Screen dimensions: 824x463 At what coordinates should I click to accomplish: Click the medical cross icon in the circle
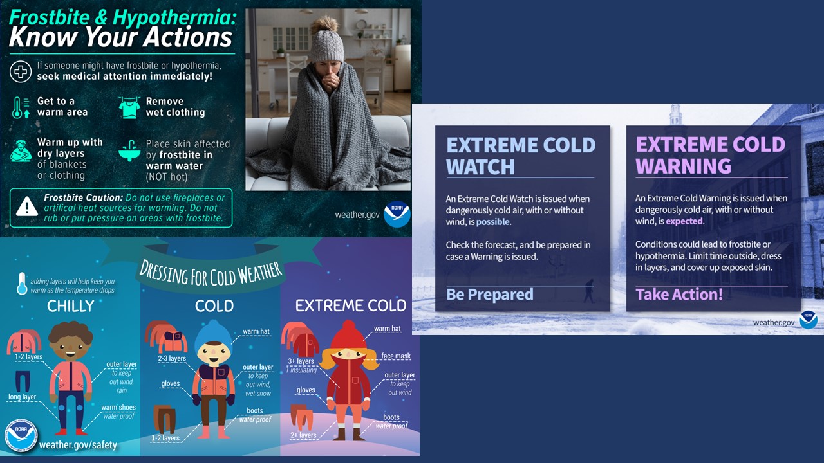click(21, 71)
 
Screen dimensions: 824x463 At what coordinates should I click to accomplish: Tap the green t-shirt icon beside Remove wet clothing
click(129, 107)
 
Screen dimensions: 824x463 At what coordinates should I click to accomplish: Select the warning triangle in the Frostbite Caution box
click(27, 206)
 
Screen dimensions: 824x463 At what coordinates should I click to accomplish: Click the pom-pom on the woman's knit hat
click(324, 24)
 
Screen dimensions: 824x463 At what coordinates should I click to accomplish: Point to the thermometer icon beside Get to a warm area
click(21, 107)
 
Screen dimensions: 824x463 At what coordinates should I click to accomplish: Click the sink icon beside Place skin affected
click(129, 150)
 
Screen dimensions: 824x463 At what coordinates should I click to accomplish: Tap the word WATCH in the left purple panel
click(480, 167)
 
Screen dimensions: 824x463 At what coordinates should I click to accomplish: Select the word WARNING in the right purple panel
click(684, 166)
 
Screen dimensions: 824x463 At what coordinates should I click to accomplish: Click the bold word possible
click(493, 222)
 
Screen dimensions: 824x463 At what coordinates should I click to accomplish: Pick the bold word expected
click(684, 221)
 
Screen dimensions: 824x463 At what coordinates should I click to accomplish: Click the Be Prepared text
click(490, 295)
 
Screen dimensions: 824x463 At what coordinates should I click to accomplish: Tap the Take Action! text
click(679, 295)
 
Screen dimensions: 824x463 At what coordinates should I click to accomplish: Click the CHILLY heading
click(71, 306)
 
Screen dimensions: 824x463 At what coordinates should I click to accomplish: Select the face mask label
click(396, 356)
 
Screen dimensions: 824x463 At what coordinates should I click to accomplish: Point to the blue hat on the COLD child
click(213, 335)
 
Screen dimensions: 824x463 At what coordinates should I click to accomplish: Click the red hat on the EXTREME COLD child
click(348, 336)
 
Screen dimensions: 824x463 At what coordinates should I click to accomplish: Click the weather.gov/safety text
click(78, 444)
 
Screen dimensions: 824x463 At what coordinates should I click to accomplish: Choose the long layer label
click(22, 397)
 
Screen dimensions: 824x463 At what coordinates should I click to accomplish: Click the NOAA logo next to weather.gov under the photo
click(397, 214)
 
